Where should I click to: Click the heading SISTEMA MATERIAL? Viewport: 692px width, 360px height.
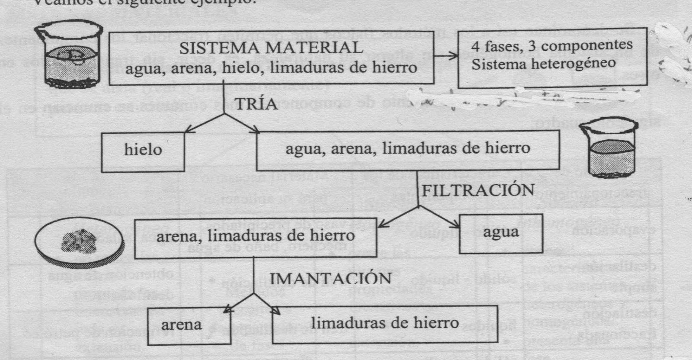click(271, 48)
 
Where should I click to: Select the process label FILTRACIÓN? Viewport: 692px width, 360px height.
click(478, 190)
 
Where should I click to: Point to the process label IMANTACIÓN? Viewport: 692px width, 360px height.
click(331, 279)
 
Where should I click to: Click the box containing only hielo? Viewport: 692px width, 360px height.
click(143, 150)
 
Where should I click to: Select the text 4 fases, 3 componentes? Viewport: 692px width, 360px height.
click(552, 45)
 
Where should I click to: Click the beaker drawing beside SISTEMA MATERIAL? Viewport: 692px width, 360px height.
click(69, 55)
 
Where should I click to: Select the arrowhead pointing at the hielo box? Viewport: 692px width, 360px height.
click(189, 130)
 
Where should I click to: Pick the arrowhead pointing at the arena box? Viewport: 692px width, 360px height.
click(227, 311)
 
